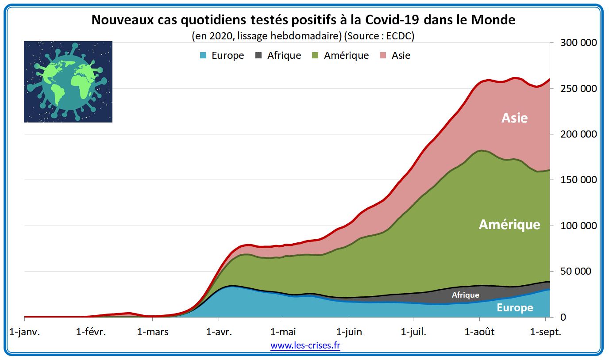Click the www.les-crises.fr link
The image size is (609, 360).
pyautogui.click(x=305, y=345)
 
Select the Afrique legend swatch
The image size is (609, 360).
pyautogui.click(x=258, y=55)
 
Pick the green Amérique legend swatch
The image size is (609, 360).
pyautogui.click(x=315, y=55)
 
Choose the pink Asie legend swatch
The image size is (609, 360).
pyautogui.click(x=383, y=55)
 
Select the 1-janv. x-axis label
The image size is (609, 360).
pyautogui.click(x=24, y=332)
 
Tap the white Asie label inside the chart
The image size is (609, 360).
pyautogui.click(x=514, y=118)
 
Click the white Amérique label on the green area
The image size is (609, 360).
pyautogui.click(x=509, y=225)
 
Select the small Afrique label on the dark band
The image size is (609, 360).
pyautogui.click(x=465, y=295)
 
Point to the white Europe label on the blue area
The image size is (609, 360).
pyautogui.click(x=515, y=308)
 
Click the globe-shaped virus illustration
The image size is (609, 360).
pyautogui.click(x=68, y=82)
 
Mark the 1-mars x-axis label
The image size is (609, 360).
pyautogui.click(x=154, y=332)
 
